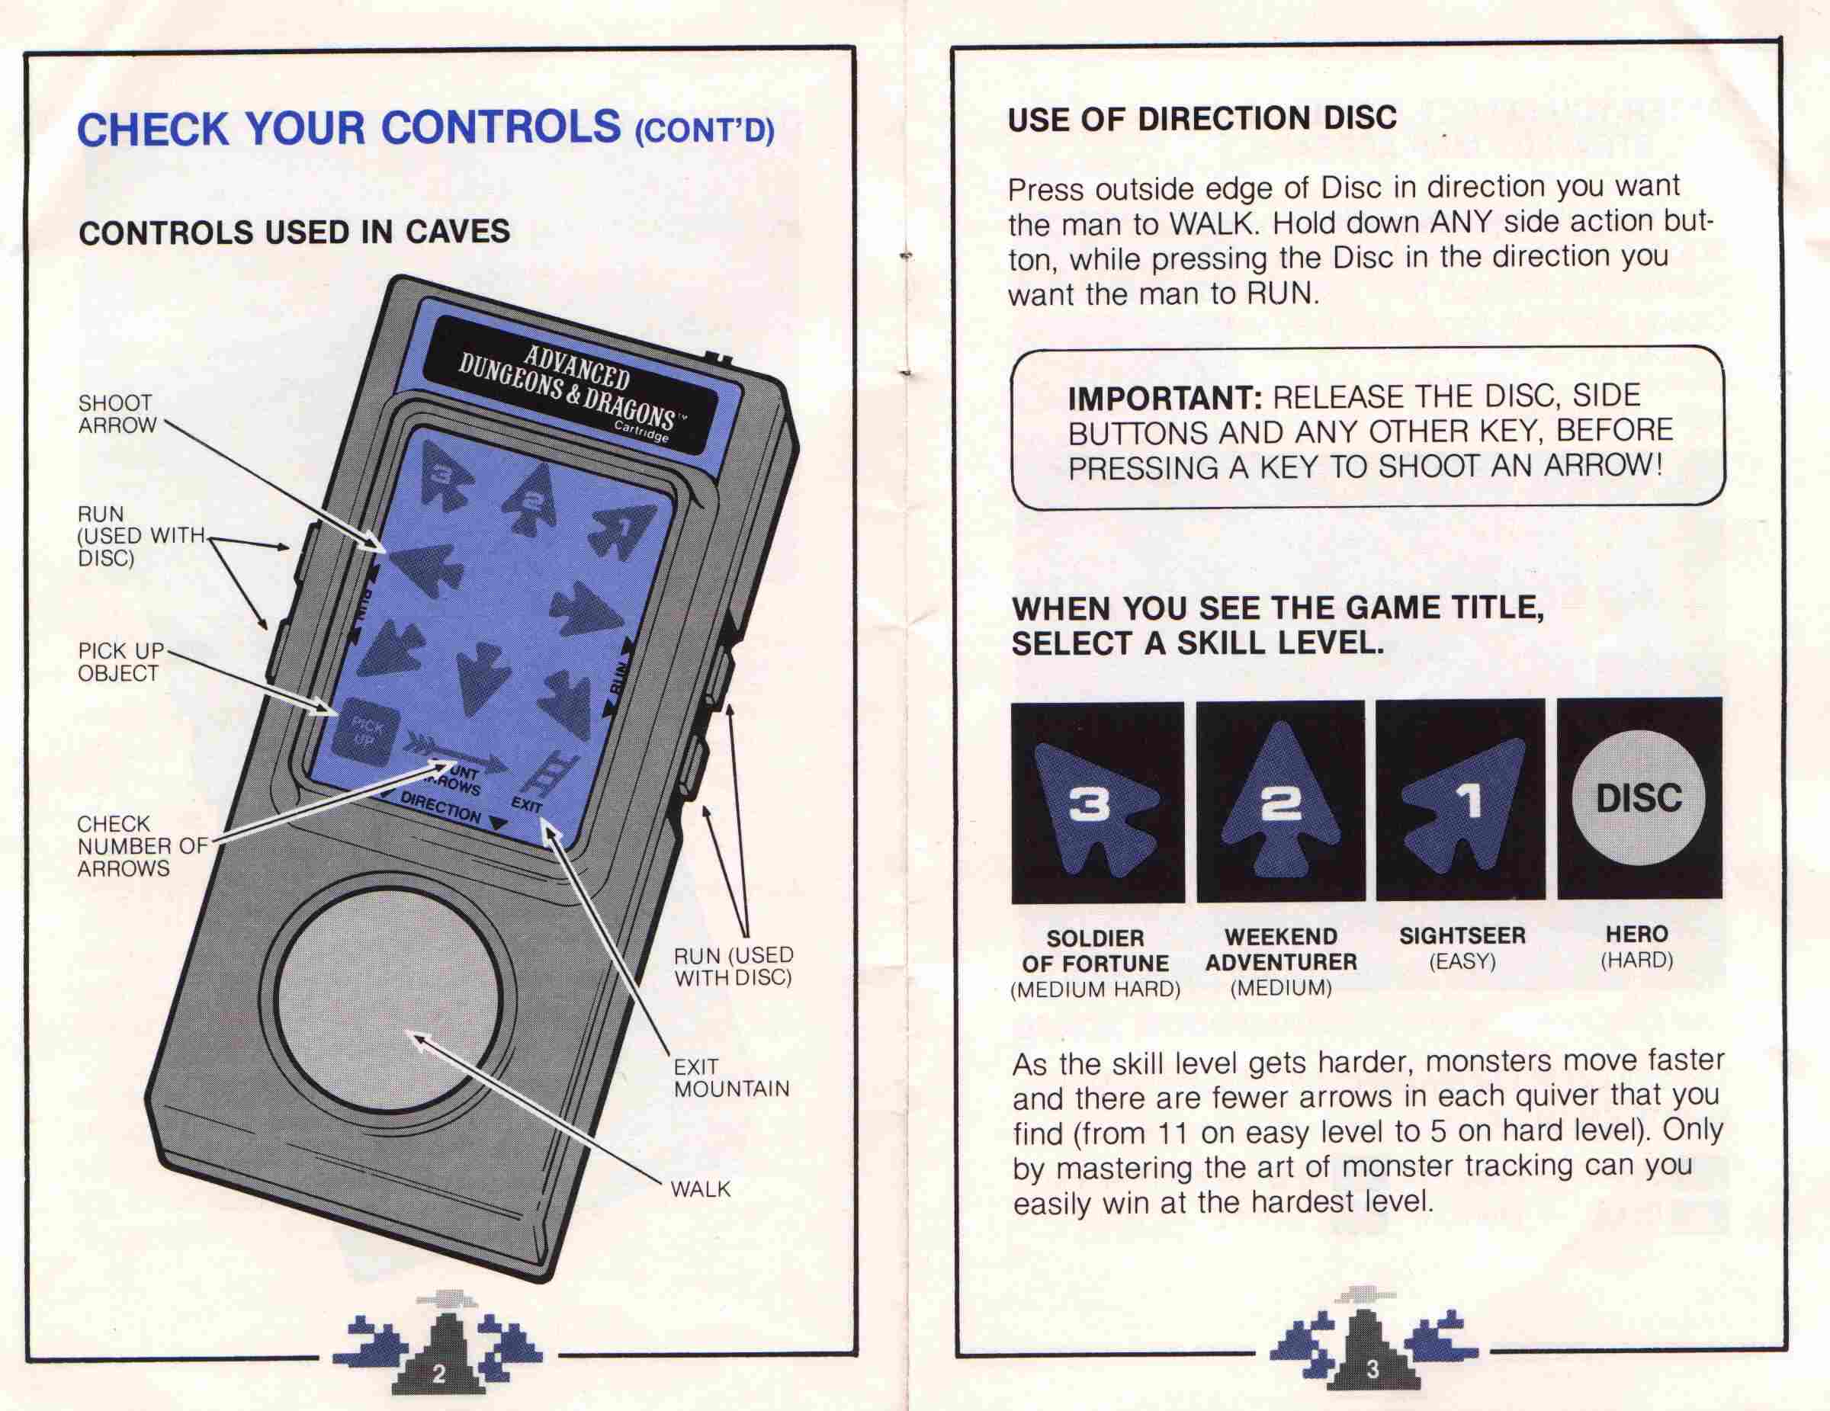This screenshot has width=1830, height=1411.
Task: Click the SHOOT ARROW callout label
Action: click(x=117, y=415)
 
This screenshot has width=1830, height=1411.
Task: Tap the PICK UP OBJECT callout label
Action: click(x=120, y=662)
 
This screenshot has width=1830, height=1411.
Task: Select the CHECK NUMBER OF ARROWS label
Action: click(x=142, y=846)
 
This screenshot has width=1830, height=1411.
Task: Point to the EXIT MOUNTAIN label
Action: click(x=731, y=1078)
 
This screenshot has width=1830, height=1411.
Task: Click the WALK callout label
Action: click(x=701, y=1189)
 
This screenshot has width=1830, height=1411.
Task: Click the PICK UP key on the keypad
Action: click(x=367, y=734)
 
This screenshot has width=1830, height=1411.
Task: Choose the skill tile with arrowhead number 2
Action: click(x=1280, y=802)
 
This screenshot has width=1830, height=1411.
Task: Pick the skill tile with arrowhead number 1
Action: click(x=1460, y=800)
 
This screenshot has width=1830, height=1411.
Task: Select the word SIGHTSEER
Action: click(x=1462, y=935)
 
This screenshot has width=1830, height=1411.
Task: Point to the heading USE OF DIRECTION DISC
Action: click(x=1202, y=119)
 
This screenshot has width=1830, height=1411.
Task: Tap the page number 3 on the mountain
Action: click(x=1372, y=1369)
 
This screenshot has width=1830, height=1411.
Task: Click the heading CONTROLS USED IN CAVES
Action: click(x=294, y=232)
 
